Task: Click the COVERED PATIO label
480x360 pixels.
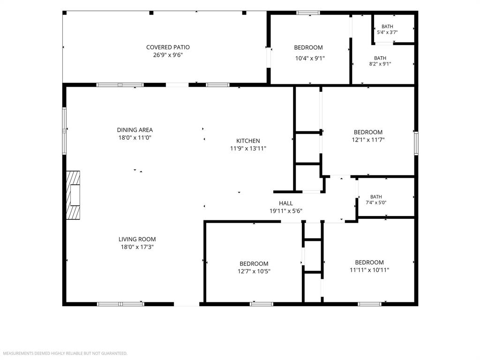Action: [168, 47]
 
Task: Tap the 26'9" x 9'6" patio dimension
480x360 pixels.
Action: [168, 55]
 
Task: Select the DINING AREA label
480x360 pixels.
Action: [135, 130]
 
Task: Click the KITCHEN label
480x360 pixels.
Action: [248, 141]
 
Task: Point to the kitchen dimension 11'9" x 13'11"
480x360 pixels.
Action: [248, 149]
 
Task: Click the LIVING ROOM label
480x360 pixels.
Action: [137, 239]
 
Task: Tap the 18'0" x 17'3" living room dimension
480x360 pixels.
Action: [137, 247]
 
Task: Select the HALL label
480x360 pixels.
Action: [285, 203]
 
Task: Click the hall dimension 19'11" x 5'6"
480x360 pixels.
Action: [286, 210]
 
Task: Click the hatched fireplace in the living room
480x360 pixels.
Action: [74, 195]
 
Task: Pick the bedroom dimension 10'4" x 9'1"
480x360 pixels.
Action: [310, 58]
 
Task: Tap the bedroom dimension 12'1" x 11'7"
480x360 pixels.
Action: [368, 140]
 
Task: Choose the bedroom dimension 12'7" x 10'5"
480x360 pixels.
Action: [254, 271]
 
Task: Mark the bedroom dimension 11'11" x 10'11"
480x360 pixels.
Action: [369, 270]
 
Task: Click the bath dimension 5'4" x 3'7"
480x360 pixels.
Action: [387, 32]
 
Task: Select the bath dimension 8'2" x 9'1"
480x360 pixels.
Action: [380, 64]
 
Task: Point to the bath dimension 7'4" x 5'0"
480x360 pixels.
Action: [376, 202]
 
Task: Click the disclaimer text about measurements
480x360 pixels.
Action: [65, 353]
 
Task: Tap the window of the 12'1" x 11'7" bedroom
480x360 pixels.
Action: [416, 143]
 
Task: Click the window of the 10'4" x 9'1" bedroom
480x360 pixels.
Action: [308, 13]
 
